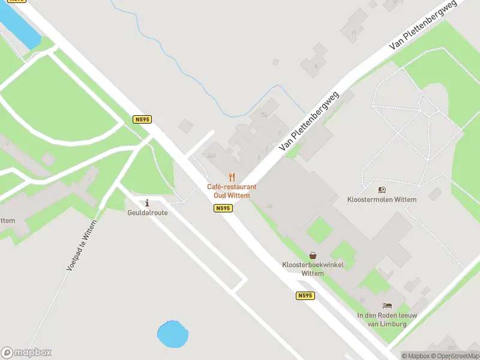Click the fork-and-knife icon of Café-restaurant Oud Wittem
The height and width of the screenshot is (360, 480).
coord(232,177)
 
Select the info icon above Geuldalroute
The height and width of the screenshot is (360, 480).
coord(148,203)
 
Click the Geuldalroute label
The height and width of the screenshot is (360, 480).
coord(148,212)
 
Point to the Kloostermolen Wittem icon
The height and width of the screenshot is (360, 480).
coord(382,190)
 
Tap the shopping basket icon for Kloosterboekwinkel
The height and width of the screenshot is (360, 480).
coord(312,256)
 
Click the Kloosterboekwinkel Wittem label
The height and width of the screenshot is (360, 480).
coord(304,269)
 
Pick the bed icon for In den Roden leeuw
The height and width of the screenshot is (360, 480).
coord(387,306)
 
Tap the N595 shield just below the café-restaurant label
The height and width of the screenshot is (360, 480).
coord(223,208)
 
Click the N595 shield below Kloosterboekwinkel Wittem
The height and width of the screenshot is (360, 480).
coord(305,296)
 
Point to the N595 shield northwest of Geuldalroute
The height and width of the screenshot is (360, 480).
coord(142,119)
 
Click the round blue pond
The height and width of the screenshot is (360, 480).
coord(172,334)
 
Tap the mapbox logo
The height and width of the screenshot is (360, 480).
coord(26,352)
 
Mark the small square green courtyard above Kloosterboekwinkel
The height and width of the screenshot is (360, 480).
coord(319,230)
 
